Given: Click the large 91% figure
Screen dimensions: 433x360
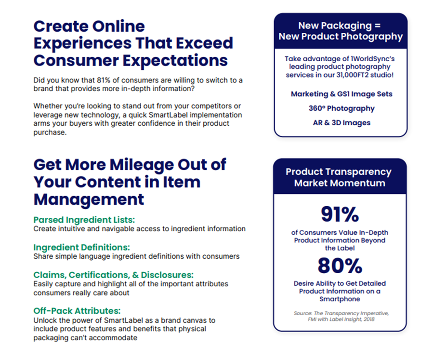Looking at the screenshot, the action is tap(340, 214).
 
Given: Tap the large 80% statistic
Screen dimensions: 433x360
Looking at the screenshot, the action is tap(340, 266).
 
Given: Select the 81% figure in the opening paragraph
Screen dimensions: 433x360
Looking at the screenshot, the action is tap(104, 80).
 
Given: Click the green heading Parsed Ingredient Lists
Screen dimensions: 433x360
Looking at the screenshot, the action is tap(84, 220).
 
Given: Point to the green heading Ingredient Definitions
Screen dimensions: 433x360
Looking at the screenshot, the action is tap(82, 247).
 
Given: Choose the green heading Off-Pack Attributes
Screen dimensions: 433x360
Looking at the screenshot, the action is tap(77, 311).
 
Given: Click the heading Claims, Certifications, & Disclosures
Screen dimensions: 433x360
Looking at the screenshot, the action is tap(114, 275).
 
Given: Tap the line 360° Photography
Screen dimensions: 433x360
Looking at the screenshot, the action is tap(341, 108).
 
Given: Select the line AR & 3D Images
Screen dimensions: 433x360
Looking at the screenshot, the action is tap(341, 123).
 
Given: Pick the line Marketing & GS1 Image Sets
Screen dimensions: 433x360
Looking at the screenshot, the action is tap(341, 94).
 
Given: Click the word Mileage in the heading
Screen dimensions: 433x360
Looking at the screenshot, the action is tap(142, 165).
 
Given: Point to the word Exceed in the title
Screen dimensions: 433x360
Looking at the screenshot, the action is tap(204, 43).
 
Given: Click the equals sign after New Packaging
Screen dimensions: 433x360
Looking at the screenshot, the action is tap(378, 26).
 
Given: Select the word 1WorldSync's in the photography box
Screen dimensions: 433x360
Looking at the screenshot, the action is tap(372, 59).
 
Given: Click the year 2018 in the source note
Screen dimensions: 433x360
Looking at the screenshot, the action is tap(369, 320).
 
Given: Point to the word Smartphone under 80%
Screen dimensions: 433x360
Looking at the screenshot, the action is tap(340, 299).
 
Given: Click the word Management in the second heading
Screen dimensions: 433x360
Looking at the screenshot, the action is tap(89, 200).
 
